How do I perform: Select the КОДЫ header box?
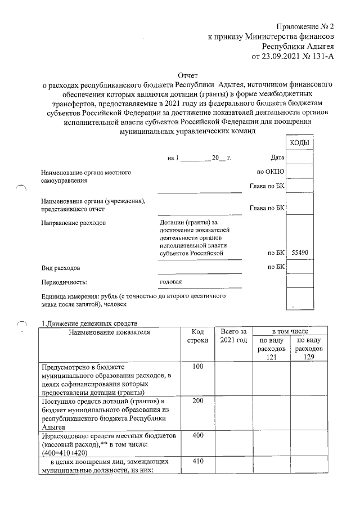click(299, 143)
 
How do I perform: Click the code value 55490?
click(298, 254)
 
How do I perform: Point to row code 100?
click(197, 367)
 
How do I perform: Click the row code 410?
click(197, 462)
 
